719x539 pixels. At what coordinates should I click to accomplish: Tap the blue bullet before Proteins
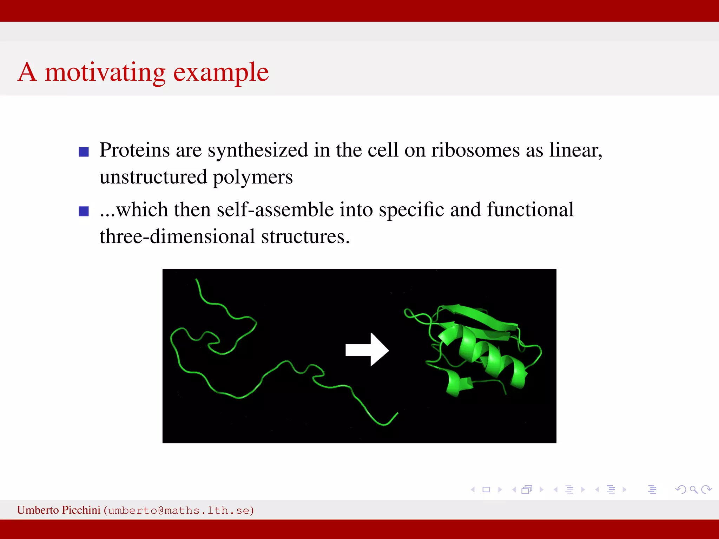(x=84, y=152)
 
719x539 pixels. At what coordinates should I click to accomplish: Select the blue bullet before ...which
(x=84, y=211)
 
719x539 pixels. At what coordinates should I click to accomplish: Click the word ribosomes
(x=475, y=150)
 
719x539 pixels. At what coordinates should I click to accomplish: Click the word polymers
(x=252, y=178)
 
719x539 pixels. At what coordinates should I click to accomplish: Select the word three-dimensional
(x=177, y=237)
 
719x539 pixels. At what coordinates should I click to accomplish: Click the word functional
(x=530, y=210)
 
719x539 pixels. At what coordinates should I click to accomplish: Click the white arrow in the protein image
(x=367, y=350)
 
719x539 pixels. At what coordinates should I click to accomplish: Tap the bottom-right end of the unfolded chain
(x=397, y=414)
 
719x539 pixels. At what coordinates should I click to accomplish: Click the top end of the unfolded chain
(x=196, y=280)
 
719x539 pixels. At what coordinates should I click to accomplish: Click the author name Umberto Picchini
(x=59, y=510)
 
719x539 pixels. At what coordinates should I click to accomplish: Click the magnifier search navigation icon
(x=693, y=490)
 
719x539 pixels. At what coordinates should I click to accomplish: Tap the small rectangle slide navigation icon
(x=486, y=490)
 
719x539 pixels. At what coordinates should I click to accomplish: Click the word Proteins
(x=134, y=150)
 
